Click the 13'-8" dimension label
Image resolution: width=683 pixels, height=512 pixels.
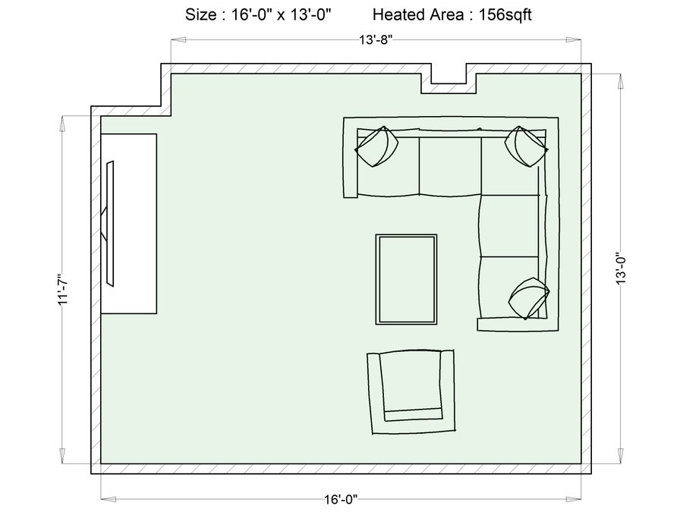tap(376, 39)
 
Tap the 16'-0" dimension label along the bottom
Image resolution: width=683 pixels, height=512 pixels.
tap(341, 499)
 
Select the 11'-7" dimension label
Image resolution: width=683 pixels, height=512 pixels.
tap(63, 290)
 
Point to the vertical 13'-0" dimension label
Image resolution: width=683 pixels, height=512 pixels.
tap(620, 270)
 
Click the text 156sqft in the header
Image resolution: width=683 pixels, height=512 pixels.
tap(505, 15)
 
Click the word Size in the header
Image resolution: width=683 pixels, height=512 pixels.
tap(201, 15)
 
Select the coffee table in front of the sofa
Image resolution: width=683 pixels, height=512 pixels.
tap(407, 279)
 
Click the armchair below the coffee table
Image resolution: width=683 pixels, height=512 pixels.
tap(411, 391)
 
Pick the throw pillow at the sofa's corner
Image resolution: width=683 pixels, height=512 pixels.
tap(526, 146)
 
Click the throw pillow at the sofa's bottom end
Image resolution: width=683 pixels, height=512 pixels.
tap(529, 298)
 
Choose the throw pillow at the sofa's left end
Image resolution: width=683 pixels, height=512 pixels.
tap(376, 146)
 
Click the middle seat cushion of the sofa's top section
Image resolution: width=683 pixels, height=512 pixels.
tap(450, 166)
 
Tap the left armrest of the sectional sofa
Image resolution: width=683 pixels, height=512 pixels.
tap(350, 158)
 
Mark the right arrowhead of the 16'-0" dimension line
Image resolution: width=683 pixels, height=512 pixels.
tap(574, 499)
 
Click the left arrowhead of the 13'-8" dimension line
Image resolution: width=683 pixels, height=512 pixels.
tap(178, 39)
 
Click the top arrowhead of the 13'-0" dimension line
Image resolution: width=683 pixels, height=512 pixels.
tap(620, 81)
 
